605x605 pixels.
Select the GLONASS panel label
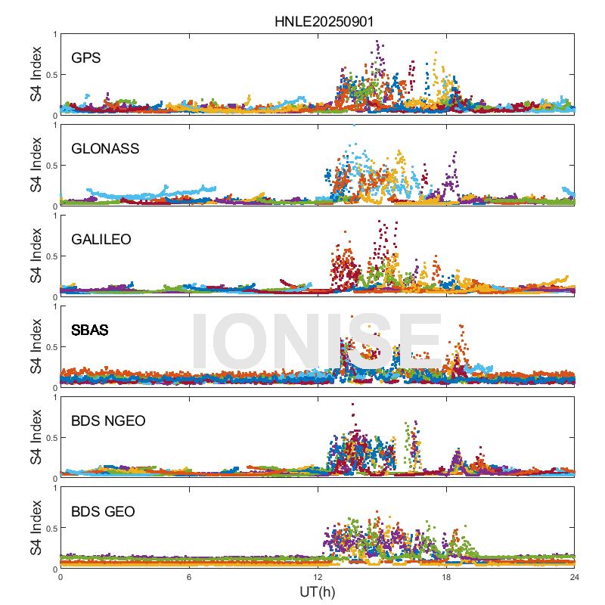[105, 148]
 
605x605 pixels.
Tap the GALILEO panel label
[101, 239]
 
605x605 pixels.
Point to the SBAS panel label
[89, 330]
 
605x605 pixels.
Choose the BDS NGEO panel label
[110, 420]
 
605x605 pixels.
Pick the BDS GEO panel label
[103, 512]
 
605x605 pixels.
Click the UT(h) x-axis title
[317, 591]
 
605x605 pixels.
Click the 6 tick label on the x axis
[189, 578]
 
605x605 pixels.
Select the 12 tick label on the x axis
[318, 578]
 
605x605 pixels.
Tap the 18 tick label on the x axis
[446, 578]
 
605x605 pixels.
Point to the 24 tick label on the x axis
[575, 578]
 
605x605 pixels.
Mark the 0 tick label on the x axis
[60, 578]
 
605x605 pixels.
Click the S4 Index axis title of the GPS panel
[36, 75]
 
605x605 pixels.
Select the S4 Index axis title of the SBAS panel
[36, 347]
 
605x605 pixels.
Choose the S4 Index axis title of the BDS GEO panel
[36, 529]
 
